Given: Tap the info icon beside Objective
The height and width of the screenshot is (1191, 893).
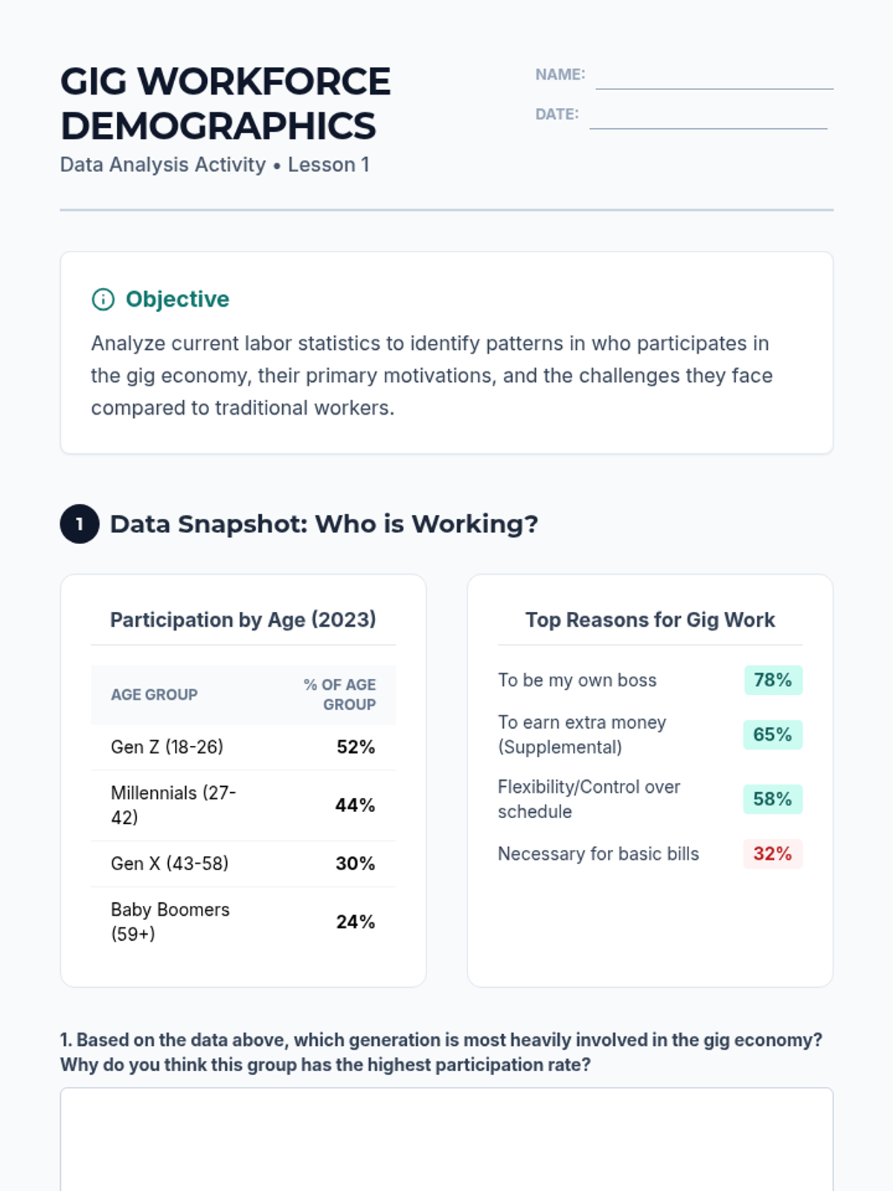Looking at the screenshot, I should [103, 299].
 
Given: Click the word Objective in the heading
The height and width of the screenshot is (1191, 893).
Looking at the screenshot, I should [177, 299].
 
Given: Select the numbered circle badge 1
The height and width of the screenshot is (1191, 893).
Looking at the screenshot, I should [80, 524].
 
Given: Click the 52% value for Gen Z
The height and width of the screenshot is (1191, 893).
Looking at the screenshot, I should [355, 747].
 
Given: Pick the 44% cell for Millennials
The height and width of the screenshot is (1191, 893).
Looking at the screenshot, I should [355, 805].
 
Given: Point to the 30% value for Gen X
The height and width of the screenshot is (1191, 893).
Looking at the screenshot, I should [355, 863].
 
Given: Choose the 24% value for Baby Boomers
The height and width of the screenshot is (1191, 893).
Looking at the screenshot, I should [355, 922].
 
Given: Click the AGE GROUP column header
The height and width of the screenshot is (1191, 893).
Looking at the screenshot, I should [154, 695].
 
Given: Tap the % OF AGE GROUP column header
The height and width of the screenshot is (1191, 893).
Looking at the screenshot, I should [340, 695].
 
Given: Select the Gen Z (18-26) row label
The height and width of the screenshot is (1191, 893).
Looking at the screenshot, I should [167, 747].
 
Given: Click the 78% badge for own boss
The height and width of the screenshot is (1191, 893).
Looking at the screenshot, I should [772, 680].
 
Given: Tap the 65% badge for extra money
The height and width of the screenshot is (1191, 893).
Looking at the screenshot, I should [772, 735].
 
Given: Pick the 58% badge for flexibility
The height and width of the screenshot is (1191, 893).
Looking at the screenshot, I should [772, 799].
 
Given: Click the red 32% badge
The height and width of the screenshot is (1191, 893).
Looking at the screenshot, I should [772, 854].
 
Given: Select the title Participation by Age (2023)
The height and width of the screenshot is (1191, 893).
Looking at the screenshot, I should [243, 619].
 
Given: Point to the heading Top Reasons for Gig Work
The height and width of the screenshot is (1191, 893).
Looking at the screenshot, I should [650, 619].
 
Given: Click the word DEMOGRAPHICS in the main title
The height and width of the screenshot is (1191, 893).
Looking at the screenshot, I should [218, 126].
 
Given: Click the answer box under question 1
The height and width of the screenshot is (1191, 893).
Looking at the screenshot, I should [446, 1139].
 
